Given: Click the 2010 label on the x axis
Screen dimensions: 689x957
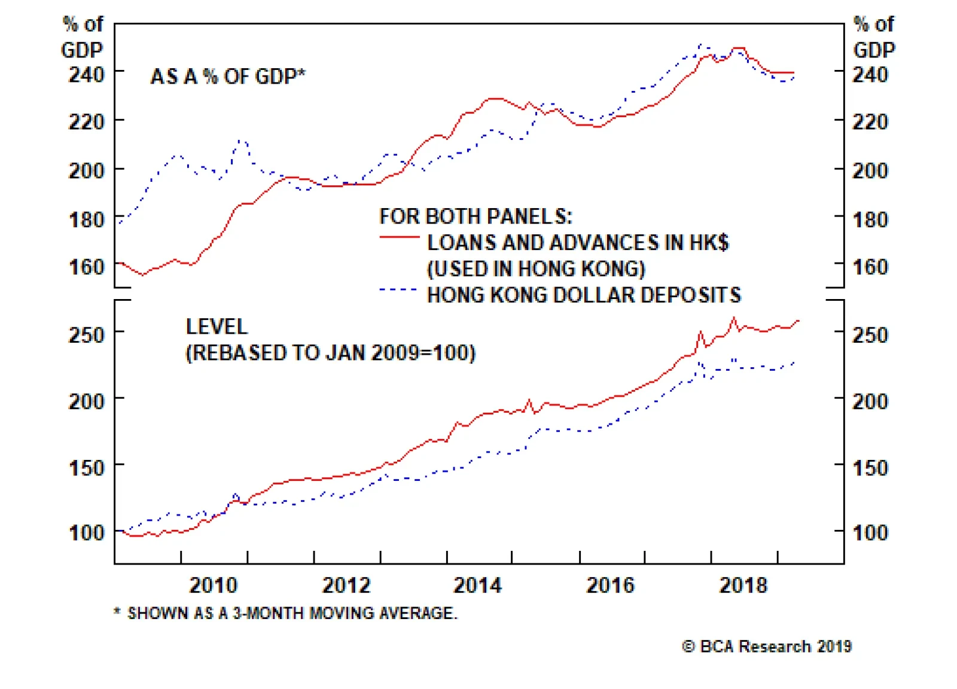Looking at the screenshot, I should pos(213,585).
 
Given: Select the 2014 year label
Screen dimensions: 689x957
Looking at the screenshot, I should pos(477,585).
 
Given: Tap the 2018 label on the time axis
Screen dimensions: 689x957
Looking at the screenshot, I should pos(743,585).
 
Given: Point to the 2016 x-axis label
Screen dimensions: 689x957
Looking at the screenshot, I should pos(610,585).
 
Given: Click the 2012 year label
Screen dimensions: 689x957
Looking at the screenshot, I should pos(346,585).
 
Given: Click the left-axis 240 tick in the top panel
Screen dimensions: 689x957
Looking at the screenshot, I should pos(87,75).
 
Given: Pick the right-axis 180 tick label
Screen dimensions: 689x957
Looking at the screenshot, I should pos(870,219).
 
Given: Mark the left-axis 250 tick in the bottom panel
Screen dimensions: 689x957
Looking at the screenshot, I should pos(87,334).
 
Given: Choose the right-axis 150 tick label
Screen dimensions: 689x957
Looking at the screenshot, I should pos(870,468).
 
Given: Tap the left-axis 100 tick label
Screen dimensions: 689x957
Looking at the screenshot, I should pos(87,532).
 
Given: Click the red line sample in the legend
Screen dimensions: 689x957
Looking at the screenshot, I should pos(399,238).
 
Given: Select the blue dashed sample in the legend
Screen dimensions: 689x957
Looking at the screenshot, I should pos(399,290).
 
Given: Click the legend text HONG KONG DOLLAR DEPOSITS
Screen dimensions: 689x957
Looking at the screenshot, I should pos(584,295).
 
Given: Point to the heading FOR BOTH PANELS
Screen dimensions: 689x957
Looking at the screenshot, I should pos(476,216).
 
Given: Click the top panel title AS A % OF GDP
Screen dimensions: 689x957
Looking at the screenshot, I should pos(227,77).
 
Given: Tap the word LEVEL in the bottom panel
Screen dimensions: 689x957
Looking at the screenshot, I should pos(217,327).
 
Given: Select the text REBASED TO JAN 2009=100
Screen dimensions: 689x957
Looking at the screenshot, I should pos(331,353).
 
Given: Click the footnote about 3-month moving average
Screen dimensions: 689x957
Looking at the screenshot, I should pos(286,613).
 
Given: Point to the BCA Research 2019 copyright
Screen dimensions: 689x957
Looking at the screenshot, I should pos(767,647).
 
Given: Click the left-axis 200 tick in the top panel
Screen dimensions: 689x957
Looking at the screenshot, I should pos(87,170).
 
